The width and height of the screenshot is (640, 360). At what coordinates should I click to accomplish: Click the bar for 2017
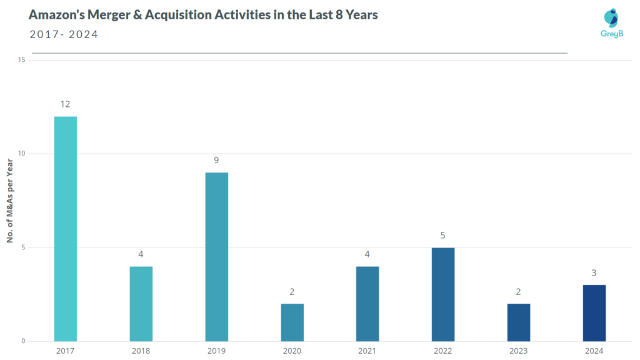click(x=65, y=229)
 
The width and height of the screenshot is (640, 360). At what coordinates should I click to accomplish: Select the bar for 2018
click(x=141, y=304)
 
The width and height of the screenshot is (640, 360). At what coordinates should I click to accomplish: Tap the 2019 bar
click(x=216, y=257)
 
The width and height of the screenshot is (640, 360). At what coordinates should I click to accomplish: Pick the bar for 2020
click(x=292, y=322)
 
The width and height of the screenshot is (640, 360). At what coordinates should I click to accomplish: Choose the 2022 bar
click(x=443, y=294)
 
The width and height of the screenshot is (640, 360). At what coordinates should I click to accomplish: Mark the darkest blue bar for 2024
click(x=594, y=313)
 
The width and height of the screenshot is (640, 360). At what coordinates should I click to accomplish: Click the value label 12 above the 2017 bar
click(x=65, y=104)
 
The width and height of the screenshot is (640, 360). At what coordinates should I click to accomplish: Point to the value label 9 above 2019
click(x=216, y=160)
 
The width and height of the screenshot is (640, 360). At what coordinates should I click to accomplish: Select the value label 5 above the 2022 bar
click(x=443, y=235)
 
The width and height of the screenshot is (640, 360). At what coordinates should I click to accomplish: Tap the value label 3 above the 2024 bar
click(x=594, y=272)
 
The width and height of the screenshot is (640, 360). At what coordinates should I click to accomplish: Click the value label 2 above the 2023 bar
click(x=518, y=291)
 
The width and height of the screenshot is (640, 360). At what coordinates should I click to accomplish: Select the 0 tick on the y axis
click(x=23, y=341)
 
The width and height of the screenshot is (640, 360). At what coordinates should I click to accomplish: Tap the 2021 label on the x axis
click(x=367, y=351)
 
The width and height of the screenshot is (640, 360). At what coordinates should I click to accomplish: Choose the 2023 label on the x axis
click(x=518, y=351)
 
